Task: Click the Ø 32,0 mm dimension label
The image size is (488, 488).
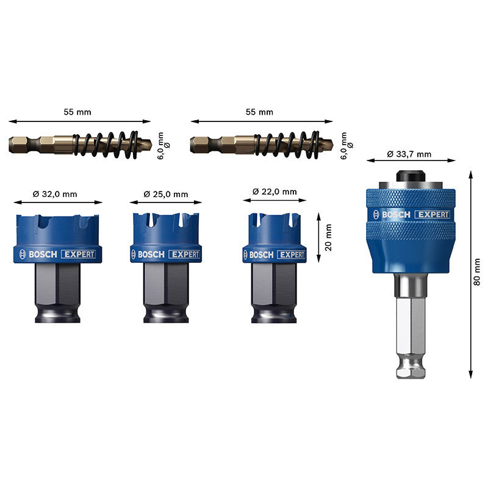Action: [55, 194]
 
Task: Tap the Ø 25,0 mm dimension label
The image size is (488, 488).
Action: [166, 194]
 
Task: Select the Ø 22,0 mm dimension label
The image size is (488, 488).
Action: [274, 192]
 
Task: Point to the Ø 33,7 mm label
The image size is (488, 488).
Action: [409, 154]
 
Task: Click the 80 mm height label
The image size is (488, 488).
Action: [476, 271]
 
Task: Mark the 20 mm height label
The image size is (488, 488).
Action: [328, 238]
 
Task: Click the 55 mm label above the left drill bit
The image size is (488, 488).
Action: [77, 112]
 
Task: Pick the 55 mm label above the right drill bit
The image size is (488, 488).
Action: [259, 112]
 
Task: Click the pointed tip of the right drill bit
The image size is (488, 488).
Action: [332, 144]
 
